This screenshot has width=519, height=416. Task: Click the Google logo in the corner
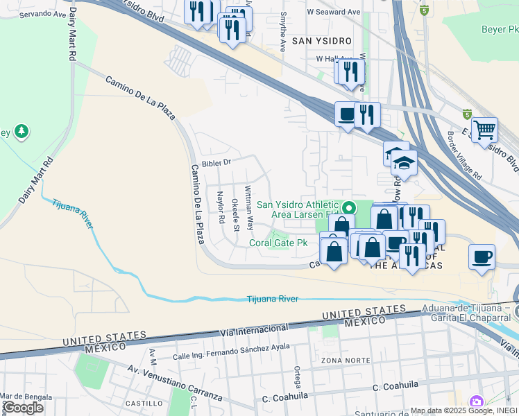pos(23,407)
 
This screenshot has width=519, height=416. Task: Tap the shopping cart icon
pos(484,130)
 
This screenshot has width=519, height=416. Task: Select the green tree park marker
pos(22,130)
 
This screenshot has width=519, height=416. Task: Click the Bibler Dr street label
pos(216,163)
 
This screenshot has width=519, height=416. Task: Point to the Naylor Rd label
pos(221,207)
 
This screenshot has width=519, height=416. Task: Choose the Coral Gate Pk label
pos(278,243)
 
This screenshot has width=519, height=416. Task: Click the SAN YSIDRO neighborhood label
pos(320,41)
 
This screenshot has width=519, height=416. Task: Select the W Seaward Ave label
pos(334,12)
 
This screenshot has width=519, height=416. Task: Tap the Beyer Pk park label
pos(500,29)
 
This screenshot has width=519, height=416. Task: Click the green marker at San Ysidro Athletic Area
pos(350,207)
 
